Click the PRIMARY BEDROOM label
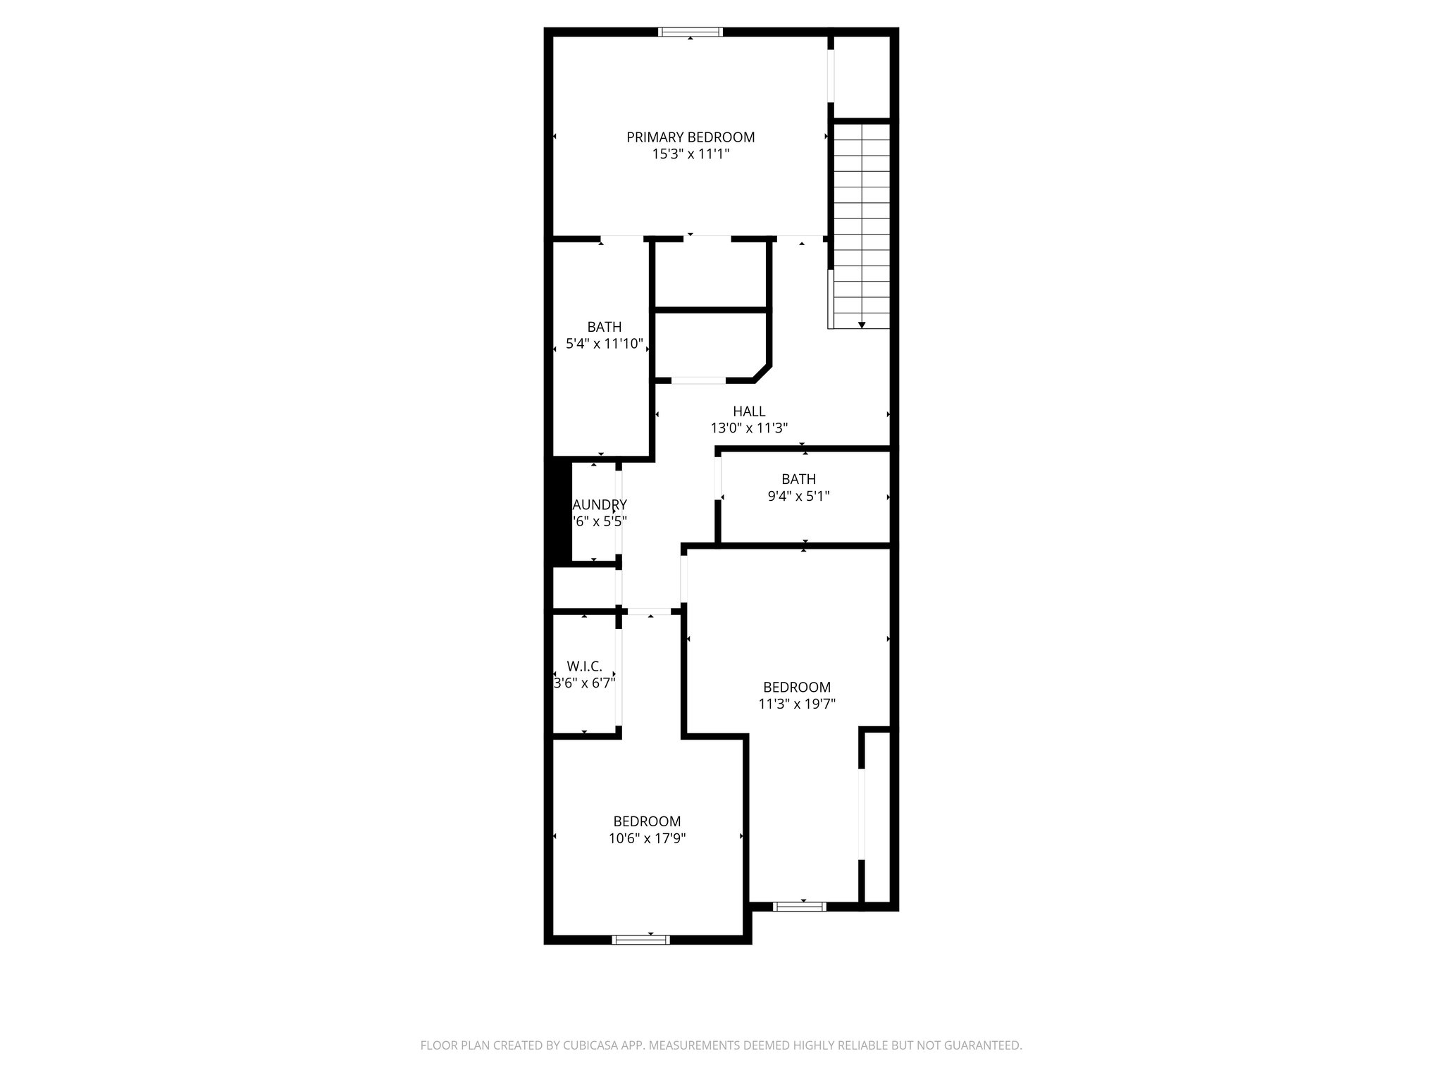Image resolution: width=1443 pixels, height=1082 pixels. click(x=690, y=137)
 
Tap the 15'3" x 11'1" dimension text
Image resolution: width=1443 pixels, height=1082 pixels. click(x=690, y=154)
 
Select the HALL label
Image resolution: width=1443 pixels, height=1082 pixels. click(x=749, y=411)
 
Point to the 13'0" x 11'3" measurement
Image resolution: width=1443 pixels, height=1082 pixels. click(x=749, y=428)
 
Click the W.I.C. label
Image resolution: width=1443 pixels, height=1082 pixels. click(x=585, y=666)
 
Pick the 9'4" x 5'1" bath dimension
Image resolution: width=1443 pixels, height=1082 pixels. click(x=798, y=496)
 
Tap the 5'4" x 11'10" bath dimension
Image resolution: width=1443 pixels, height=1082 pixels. click(x=605, y=344)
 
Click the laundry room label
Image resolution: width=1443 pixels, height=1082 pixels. click(x=600, y=505)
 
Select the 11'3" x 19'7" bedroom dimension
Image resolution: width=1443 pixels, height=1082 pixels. click(x=797, y=703)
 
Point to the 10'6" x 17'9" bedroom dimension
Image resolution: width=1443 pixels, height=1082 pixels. click(x=647, y=838)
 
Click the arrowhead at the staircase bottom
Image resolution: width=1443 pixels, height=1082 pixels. click(x=862, y=325)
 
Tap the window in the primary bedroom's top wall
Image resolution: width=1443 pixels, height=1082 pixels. click(x=690, y=32)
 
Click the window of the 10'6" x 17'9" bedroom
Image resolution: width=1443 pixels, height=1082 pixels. click(x=640, y=939)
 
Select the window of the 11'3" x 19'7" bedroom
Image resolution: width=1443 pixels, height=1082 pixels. click(x=799, y=907)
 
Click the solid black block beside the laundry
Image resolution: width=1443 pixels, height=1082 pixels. click(x=561, y=511)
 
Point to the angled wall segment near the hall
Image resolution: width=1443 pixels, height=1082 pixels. click(x=762, y=372)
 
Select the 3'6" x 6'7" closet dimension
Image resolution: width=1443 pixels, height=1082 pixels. click(x=585, y=683)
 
